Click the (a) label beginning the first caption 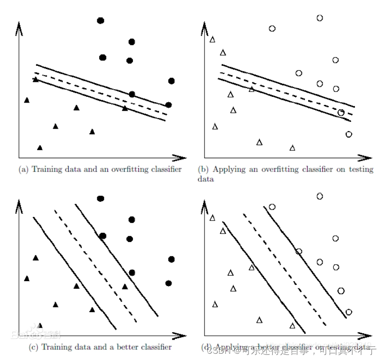[x=23, y=169]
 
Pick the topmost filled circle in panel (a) [x=101, y=20]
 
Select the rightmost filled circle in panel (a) [x=171, y=80]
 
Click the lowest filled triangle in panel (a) [x=40, y=148]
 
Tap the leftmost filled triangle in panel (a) [x=27, y=100]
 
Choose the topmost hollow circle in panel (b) [x=320, y=18]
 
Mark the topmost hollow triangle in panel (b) [x=212, y=39]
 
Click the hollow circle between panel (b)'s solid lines [x=341, y=113]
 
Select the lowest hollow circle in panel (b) [x=349, y=134]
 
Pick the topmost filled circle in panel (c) [x=101, y=198]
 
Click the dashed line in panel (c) [x=97, y=266]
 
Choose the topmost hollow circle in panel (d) [x=320, y=196]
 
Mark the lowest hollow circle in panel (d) [x=349, y=312]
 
